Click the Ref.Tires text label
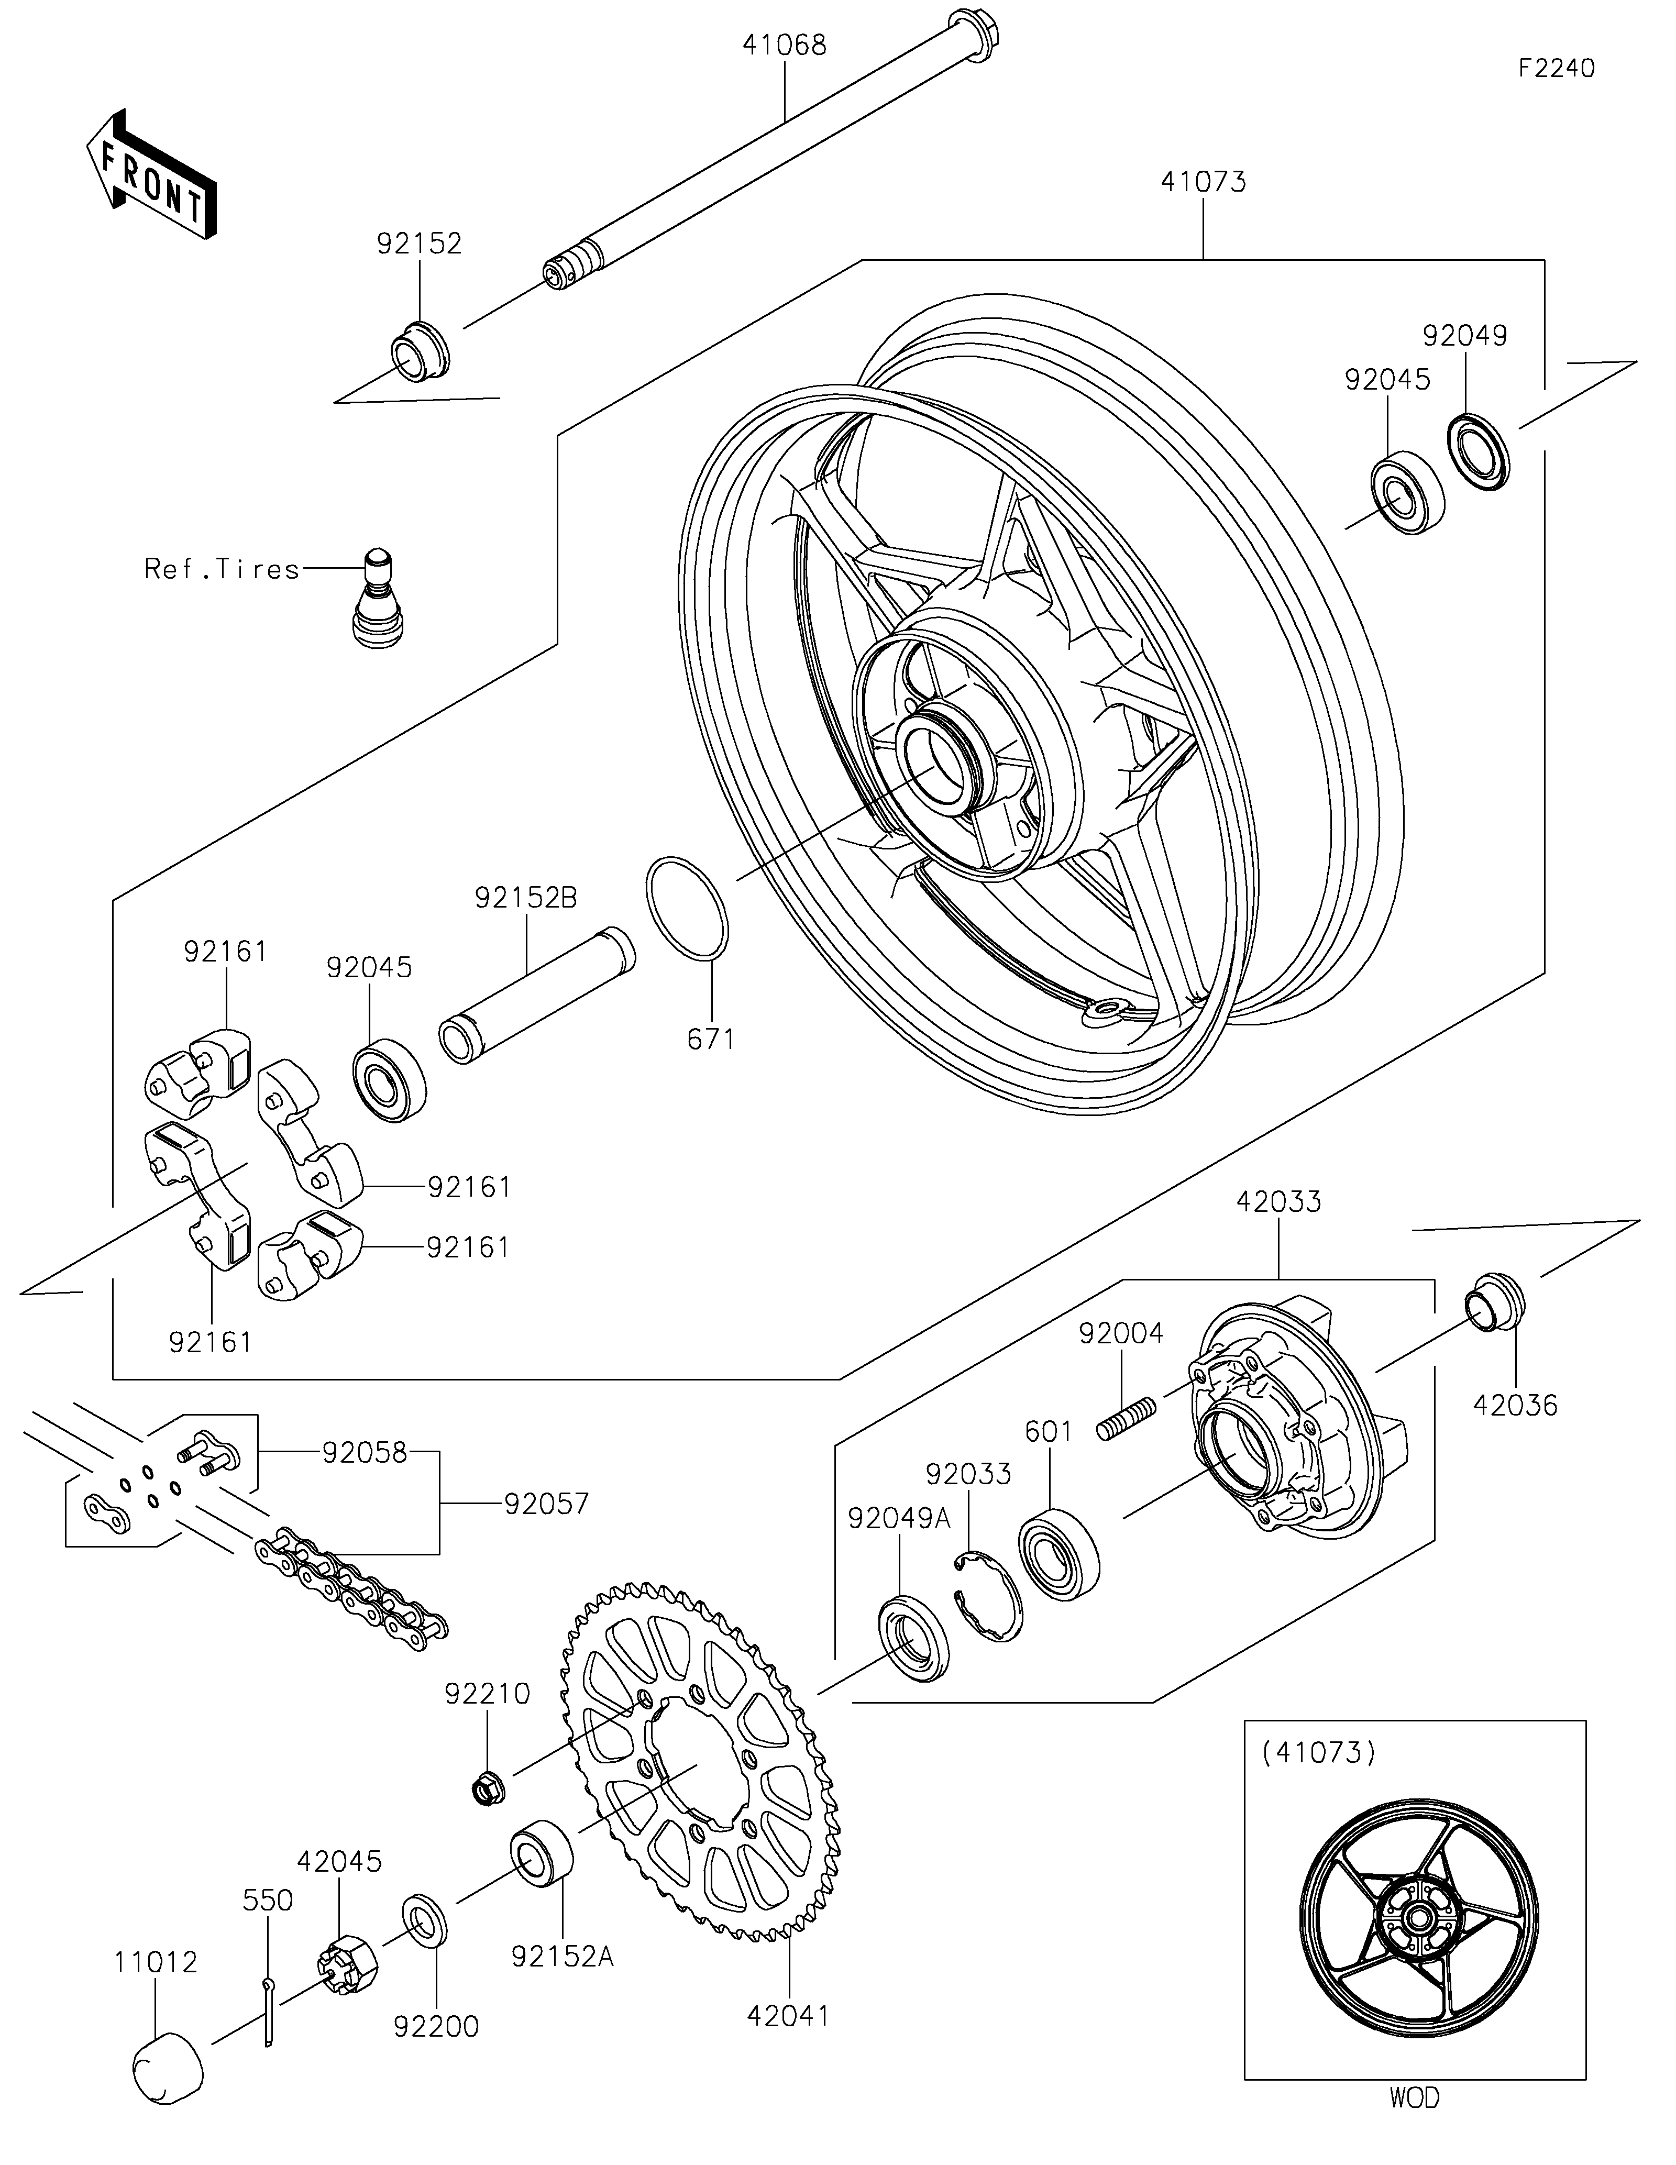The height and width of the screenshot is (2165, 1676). [x=222, y=569]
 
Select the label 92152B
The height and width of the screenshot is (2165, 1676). [x=525, y=898]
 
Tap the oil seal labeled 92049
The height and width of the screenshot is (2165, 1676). [x=1480, y=452]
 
